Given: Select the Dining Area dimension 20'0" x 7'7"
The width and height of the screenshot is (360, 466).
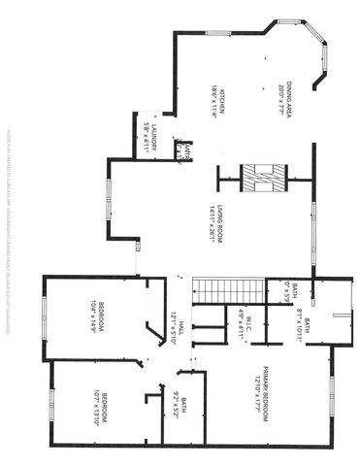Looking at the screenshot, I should pos(279,93).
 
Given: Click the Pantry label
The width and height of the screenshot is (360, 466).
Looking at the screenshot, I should pos(184,152).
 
